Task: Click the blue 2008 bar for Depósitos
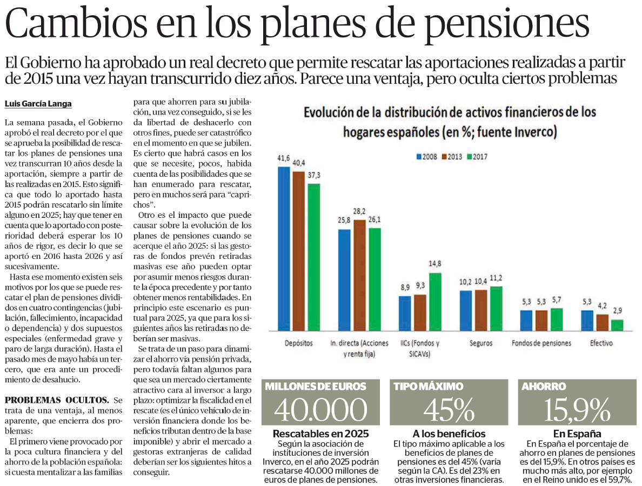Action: [x=284, y=249]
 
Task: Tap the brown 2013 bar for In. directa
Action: [x=359, y=275]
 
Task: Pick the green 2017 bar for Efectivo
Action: [x=617, y=325]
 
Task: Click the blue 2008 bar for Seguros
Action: [x=465, y=311]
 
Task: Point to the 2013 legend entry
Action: [x=452, y=156]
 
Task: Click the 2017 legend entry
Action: [x=477, y=156]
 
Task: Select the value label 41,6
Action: [x=283, y=158]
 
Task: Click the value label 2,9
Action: [x=618, y=311]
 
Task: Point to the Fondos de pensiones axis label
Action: [x=541, y=343]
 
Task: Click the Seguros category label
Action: [x=481, y=343]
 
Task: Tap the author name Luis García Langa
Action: [x=38, y=104]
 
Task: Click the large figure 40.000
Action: [x=320, y=409]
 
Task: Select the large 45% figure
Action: [x=449, y=409]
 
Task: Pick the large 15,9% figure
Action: [x=577, y=409]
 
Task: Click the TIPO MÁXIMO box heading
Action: [x=429, y=386]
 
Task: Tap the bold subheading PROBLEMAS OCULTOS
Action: [x=57, y=400]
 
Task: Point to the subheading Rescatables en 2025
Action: [x=320, y=434]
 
